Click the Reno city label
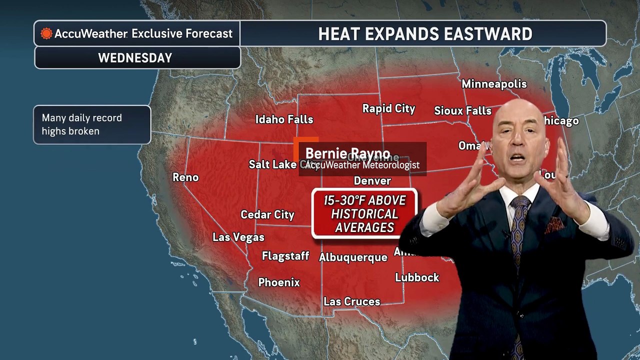185,177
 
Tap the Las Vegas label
238,237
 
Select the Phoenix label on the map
279,282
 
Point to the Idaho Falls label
284,119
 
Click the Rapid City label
388,108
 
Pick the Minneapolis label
494,84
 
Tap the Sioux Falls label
462,110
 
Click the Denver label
372,180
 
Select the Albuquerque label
353,257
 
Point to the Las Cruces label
351,301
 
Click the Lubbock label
417,277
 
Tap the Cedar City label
267,215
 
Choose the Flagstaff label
285,256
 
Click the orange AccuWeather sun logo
46,34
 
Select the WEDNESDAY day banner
135,58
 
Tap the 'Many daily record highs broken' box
92,125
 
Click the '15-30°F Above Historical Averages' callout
364,214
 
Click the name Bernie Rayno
347,153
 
